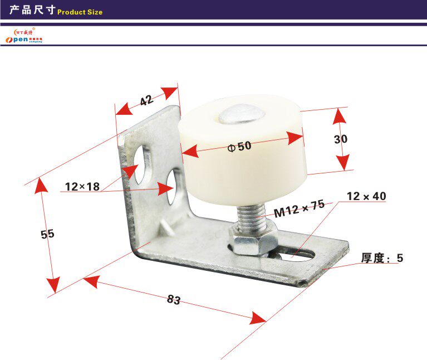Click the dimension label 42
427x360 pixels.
pos(146,101)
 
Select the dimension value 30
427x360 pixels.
pos(340,139)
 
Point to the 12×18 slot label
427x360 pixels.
pos(82,187)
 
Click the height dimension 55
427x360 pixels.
pos(47,234)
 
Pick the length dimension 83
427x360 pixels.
pos(174,299)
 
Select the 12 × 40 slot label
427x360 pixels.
pos(366,196)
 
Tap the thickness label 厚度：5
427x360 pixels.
pos(381,258)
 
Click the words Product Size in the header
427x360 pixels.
pos(80,12)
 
